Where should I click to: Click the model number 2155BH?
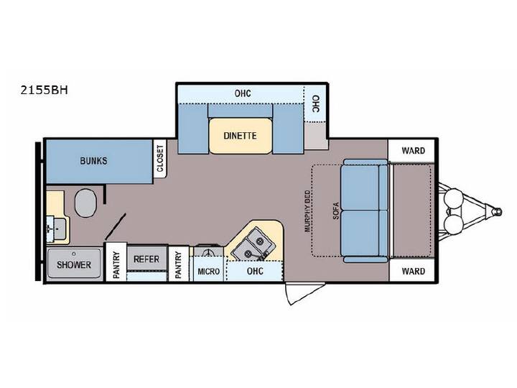45,90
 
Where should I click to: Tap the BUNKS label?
93,161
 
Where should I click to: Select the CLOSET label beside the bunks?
160,159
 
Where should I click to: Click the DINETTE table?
241,136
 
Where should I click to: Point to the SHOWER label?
74,264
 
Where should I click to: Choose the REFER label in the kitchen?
146,259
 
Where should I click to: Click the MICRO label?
208,272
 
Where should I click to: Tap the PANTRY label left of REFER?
116,265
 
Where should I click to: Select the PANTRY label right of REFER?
178,264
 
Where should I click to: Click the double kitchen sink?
253,244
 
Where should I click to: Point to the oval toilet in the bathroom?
85,203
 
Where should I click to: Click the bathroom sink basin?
58,228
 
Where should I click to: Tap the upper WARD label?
413,151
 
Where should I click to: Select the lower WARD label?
413,271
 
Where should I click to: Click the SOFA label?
335,211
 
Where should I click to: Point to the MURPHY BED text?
307,211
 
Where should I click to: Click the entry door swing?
304,292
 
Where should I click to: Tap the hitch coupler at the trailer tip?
497,211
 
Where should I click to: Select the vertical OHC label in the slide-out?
315,104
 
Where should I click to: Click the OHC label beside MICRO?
255,271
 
